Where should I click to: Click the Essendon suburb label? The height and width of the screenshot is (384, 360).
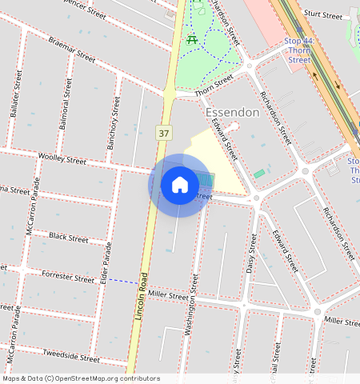coord(232,113)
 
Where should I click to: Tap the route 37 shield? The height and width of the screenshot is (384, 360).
coord(164,132)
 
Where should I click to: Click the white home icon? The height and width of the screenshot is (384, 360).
coord(180,185)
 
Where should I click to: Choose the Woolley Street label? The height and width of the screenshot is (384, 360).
coord(62,160)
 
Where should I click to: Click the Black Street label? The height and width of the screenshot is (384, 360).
coord(68,238)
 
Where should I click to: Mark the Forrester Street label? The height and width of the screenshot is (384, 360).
coord(68,278)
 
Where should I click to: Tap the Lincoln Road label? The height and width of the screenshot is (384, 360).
coord(142,296)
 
